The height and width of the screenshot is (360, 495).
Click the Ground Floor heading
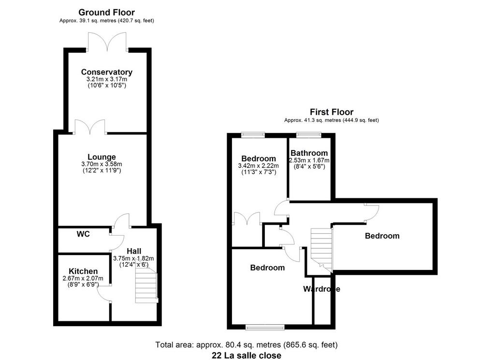(x=106, y=12)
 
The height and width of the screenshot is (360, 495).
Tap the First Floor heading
(x=332, y=112)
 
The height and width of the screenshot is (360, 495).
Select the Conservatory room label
(x=107, y=72)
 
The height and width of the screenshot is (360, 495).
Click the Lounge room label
(x=102, y=157)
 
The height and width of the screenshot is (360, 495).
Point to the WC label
(x=83, y=234)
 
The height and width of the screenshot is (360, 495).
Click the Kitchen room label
(x=83, y=271)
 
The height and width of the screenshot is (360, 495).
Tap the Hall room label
(x=134, y=251)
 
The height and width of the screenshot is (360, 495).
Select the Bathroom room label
(x=309, y=153)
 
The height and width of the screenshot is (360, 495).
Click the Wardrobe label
(x=321, y=289)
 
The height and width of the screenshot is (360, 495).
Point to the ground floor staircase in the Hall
(x=146, y=285)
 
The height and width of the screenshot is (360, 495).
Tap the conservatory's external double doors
(x=108, y=42)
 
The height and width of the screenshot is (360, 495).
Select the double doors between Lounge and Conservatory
(x=90, y=127)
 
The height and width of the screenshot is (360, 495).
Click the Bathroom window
(x=309, y=135)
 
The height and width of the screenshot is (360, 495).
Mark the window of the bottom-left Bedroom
(x=265, y=328)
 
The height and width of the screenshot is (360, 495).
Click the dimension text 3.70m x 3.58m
(x=102, y=164)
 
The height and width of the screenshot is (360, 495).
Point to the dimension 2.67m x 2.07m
(x=83, y=278)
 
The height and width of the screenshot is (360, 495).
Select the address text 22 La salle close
(x=247, y=355)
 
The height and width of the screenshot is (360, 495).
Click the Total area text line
(x=247, y=345)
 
